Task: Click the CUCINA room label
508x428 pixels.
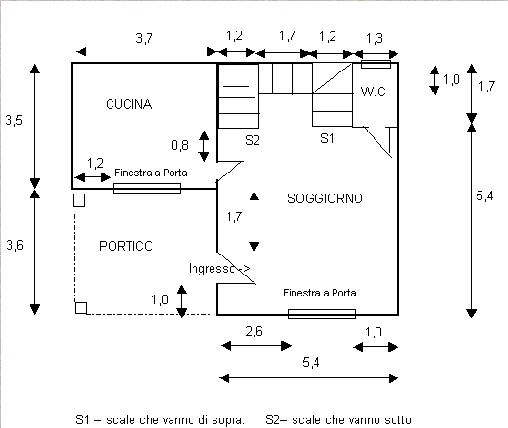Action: pos(129,104)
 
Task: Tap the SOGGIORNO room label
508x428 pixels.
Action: pos(325,198)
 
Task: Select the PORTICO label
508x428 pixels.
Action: pos(126,246)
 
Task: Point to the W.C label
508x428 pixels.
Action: pos(374,92)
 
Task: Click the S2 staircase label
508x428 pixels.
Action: pos(253,140)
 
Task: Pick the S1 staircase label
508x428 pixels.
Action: pos(327,138)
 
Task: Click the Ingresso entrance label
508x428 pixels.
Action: pos(212,268)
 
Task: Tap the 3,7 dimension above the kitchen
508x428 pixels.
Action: pos(144,38)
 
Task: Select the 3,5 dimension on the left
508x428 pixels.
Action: pos(14,120)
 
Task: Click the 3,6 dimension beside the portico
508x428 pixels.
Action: pos(15,245)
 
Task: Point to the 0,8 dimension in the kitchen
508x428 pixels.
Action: pos(179,145)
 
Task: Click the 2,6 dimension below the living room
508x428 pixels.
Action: pos(254,331)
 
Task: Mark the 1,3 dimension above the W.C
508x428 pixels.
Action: pos(375,38)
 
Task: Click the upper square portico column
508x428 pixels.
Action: pos(79,200)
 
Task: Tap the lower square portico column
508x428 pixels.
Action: pos(81,308)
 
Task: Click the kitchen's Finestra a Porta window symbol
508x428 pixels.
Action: pos(147,188)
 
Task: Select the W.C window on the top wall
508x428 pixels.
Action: pos(376,64)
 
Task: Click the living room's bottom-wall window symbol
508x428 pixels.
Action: pos(322,314)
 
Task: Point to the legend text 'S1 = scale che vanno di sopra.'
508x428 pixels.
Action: pos(160,420)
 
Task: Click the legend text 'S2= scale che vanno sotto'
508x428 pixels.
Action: pos(338,420)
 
